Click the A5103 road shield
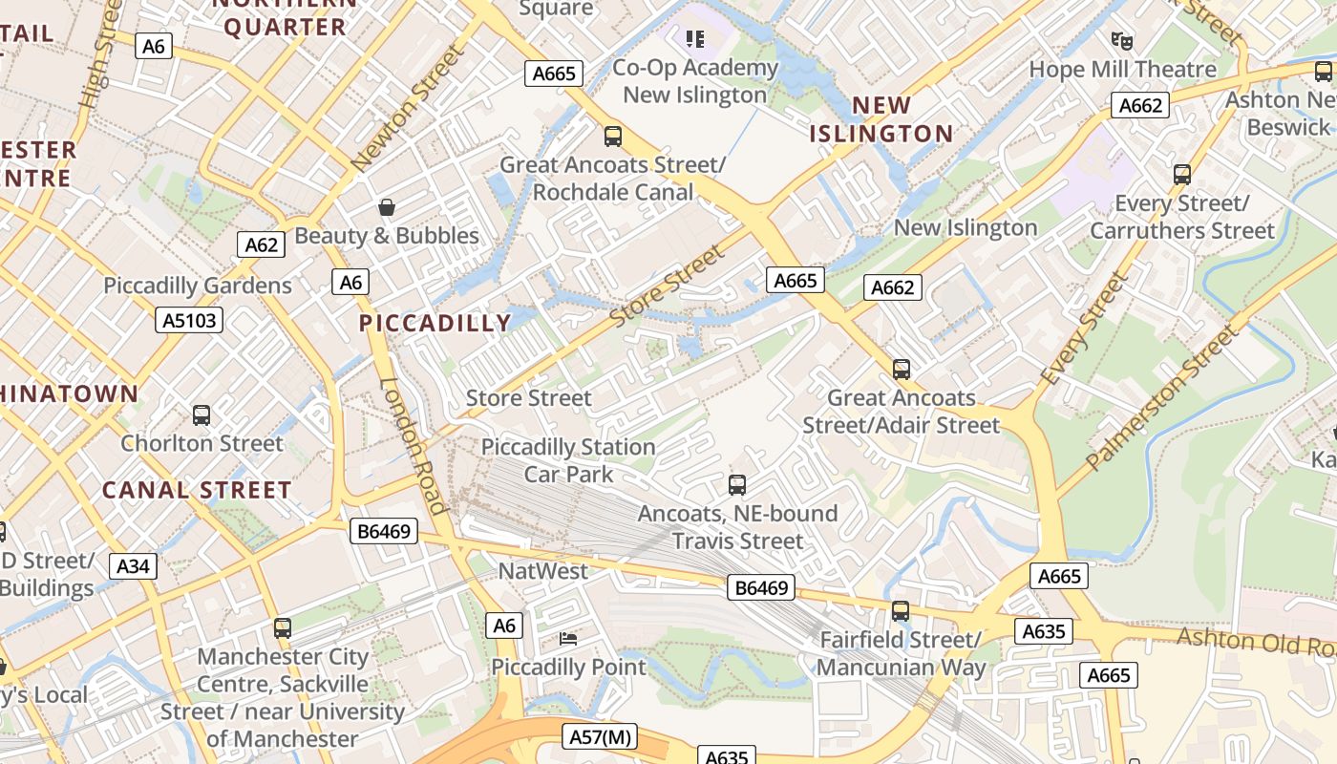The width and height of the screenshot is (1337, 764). (x=189, y=320)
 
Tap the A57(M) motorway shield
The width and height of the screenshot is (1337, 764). (x=601, y=736)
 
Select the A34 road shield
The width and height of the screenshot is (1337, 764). (x=133, y=566)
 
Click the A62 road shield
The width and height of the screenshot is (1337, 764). (x=261, y=244)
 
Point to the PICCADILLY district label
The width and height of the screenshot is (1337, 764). (x=435, y=323)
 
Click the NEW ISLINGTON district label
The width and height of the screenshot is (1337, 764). (x=881, y=119)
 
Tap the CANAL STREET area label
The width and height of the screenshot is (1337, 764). (x=197, y=490)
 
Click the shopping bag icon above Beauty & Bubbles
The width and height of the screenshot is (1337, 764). (x=387, y=207)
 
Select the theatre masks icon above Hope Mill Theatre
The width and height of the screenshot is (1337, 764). (x=1122, y=41)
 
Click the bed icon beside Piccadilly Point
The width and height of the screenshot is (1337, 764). (x=568, y=638)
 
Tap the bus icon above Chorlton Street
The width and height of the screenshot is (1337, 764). (x=202, y=415)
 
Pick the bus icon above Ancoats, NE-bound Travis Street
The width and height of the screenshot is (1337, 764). (x=737, y=484)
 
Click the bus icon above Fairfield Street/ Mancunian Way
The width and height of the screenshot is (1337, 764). (x=901, y=611)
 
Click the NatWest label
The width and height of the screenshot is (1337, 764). (x=543, y=571)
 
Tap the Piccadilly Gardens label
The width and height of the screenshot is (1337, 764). (x=198, y=286)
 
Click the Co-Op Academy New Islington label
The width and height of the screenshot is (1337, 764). (x=695, y=81)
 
